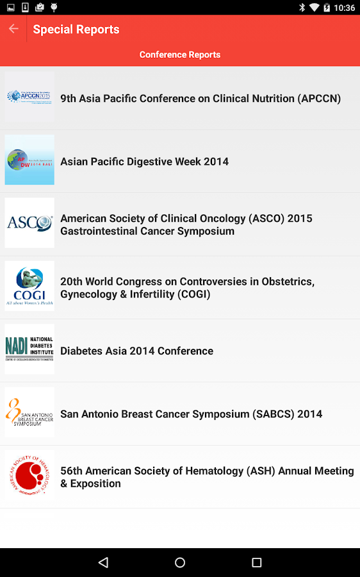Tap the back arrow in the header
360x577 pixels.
click(13, 29)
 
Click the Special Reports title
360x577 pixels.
click(76, 29)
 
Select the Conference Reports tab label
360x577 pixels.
click(180, 54)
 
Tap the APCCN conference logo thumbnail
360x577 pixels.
click(29, 97)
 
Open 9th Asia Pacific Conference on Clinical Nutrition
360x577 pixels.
click(200, 99)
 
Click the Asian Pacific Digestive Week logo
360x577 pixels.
click(29, 160)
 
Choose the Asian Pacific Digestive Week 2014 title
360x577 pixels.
click(144, 162)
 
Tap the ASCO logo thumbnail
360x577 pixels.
click(29, 223)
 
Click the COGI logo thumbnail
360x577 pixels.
click(29, 286)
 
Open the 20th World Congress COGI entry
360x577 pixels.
click(187, 288)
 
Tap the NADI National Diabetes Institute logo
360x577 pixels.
click(29, 349)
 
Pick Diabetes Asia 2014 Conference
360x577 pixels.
click(136, 351)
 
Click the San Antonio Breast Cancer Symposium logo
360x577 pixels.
click(29, 412)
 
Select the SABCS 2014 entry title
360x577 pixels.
click(191, 414)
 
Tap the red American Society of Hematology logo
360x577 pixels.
click(29, 476)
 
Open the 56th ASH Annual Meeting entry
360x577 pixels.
click(207, 477)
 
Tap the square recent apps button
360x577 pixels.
click(256, 562)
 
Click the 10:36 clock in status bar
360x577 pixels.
click(344, 8)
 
